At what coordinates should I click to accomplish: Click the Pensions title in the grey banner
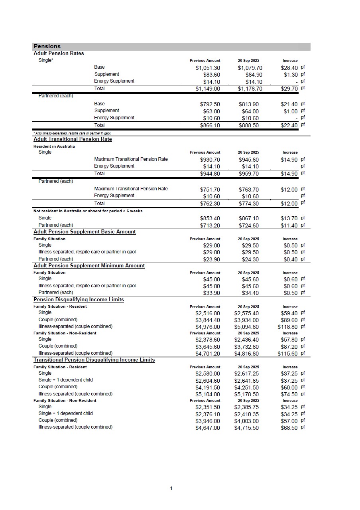pos(47,46)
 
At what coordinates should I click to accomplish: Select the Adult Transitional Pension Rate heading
pos(73,139)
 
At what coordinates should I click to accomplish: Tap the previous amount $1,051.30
pos(208,68)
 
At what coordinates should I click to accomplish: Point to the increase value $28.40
pos(289,68)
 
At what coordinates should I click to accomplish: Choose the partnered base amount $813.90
pos(249,104)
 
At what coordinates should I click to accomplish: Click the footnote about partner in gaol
pos(72,133)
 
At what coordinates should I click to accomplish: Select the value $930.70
pos(210,160)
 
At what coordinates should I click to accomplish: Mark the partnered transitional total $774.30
pos(249,204)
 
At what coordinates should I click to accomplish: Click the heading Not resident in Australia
pos(88,211)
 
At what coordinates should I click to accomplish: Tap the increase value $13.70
pos(289,218)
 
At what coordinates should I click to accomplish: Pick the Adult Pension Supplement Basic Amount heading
pos(85,232)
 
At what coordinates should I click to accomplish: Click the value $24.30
pos(250,259)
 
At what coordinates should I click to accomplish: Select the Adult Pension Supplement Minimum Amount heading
pos(89,266)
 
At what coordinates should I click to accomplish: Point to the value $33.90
pos(211,293)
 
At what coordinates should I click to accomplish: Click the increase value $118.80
pos(288,327)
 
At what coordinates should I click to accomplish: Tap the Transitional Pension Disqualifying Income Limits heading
pos(94,360)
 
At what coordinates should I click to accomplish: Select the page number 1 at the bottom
pos(171,488)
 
